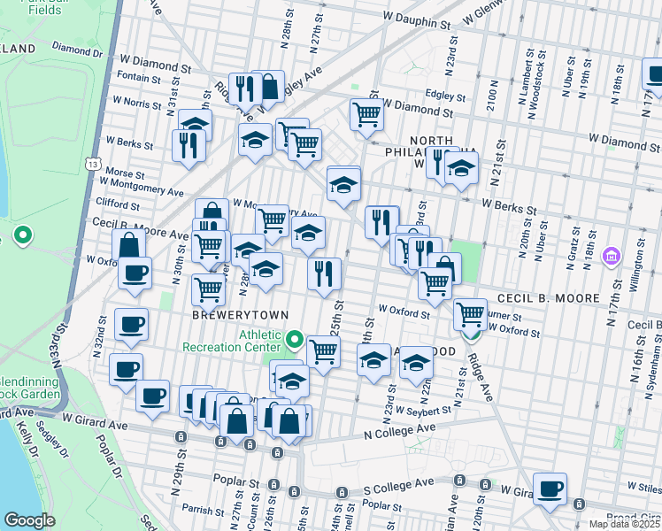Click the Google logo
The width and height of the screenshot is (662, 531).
pyautogui.click(x=29, y=520)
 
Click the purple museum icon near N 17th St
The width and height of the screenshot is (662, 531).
pyautogui.click(x=609, y=257)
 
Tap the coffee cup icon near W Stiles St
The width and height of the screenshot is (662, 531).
pyautogui.click(x=550, y=489)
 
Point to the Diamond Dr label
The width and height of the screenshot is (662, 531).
pyautogui.click(x=78, y=50)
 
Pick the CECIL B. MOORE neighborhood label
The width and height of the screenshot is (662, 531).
pyautogui.click(x=550, y=298)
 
